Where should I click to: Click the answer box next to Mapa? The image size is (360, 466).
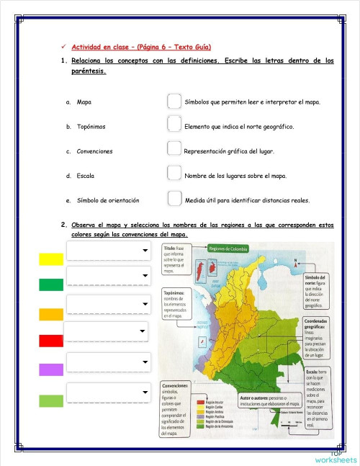tap(174, 102)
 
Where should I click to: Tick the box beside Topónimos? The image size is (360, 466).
tap(174, 126)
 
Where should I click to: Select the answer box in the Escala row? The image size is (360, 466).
tap(174, 174)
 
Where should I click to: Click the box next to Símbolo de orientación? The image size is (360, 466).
tap(174, 199)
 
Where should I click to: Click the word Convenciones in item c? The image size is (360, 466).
tap(94, 152)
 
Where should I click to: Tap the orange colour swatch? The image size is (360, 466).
tap(51, 314)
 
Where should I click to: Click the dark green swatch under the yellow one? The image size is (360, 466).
tap(51, 285)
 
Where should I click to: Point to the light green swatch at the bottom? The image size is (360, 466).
tap(51, 400)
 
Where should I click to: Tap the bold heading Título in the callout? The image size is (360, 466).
tap(169, 248)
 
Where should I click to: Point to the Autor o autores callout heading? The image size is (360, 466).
tap(256, 397)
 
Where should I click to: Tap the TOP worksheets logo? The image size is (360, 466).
tap(336, 457)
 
